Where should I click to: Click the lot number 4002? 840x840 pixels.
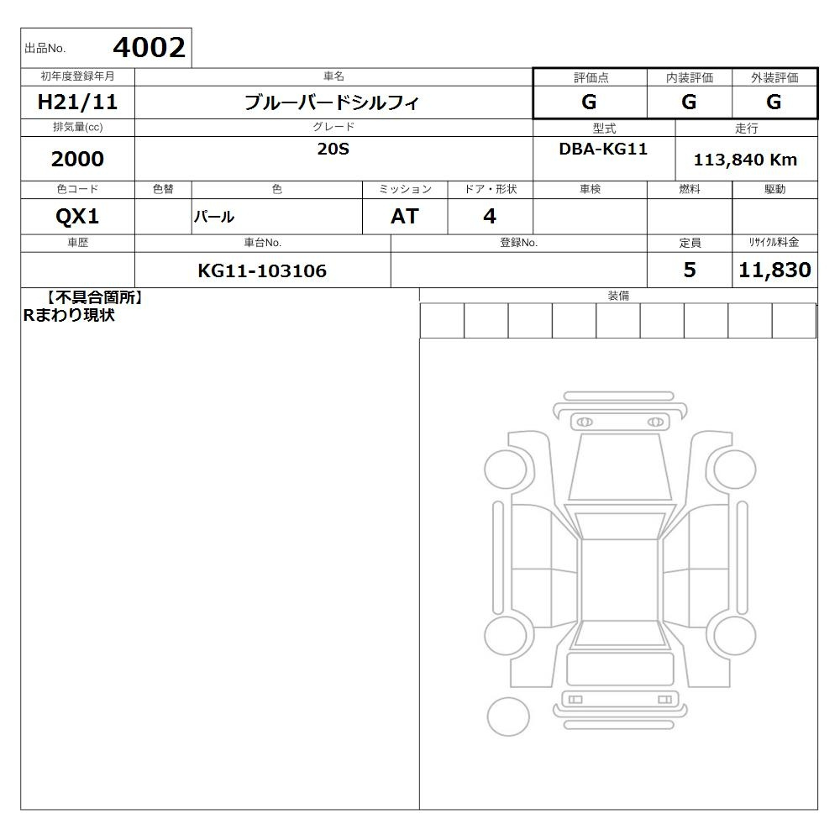[x=149, y=48]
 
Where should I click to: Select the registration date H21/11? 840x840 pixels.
[x=77, y=102]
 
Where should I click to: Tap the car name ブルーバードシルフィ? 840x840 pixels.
[x=332, y=102]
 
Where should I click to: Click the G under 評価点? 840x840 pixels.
[x=589, y=102]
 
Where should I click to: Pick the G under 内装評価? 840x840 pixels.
[x=689, y=102]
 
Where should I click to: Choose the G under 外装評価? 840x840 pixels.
[x=774, y=102]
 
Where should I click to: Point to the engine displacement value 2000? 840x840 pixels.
[x=77, y=159]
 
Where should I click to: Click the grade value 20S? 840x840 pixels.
[x=333, y=149]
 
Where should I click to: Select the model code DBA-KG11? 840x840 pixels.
[x=603, y=149]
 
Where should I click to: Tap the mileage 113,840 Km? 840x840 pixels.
[x=745, y=160]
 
